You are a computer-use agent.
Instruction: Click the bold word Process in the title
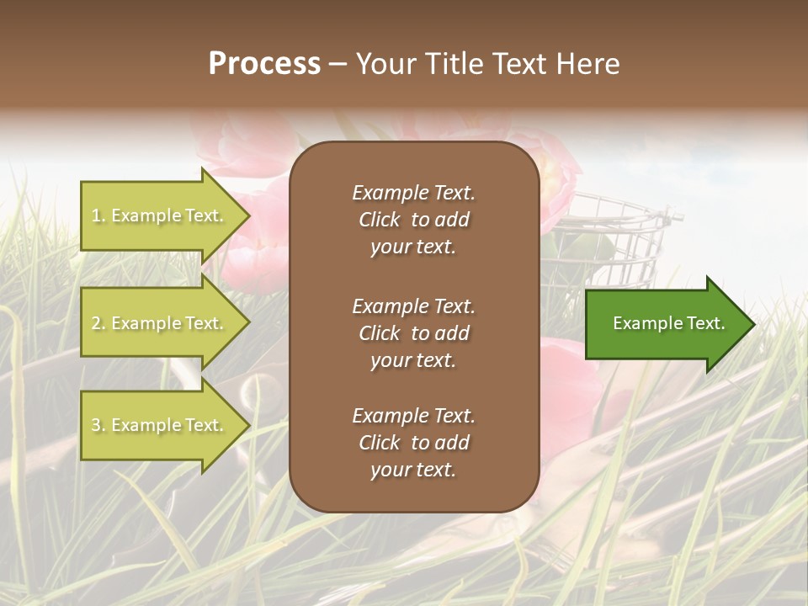[264, 64]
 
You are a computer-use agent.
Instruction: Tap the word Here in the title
[587, 64]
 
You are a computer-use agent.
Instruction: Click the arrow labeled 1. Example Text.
[160, 215]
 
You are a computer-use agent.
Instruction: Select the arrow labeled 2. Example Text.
[160, 323]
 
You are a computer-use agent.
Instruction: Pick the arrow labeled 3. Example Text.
[160, 425]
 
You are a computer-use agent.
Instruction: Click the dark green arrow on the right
[665, 324]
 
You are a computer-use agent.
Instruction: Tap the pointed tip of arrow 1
[247, 215]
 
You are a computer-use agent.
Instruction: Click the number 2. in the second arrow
[98, 323]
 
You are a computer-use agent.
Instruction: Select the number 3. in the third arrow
[98, 425]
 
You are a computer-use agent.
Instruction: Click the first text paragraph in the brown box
[413, 220]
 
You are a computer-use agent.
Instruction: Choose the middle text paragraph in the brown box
[413, 333]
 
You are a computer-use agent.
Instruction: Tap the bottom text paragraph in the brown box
[413, 443]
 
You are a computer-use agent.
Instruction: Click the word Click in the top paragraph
[380, 220]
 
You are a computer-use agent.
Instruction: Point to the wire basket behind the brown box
[614, 244]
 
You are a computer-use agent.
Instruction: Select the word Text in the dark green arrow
[705, 323]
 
